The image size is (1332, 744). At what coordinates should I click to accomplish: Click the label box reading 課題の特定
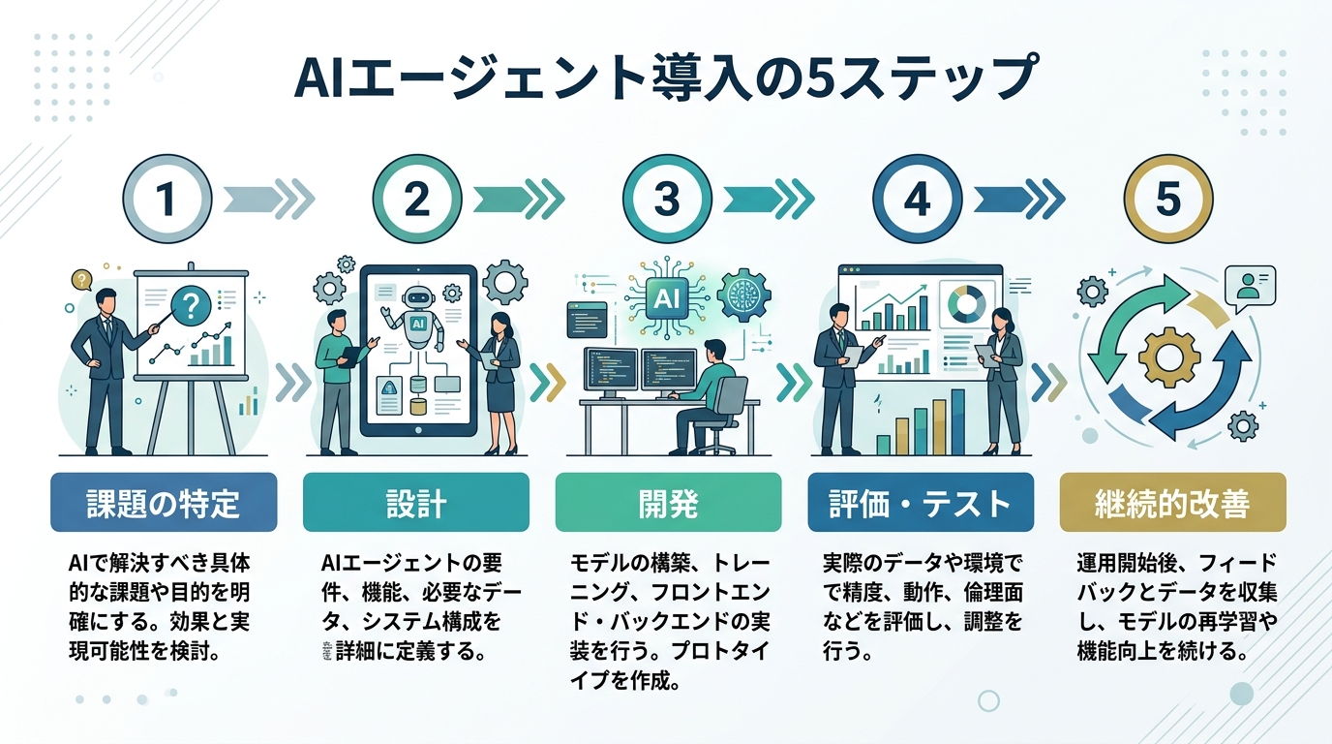(x=164, y=503)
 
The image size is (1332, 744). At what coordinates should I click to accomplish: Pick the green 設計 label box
(x=415, y=503)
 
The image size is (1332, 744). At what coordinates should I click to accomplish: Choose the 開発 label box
(x=668, y=503)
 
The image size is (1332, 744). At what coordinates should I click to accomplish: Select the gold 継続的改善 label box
(x=1172, y=503)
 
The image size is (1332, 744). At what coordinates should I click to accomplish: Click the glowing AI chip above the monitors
(x=668, y=297)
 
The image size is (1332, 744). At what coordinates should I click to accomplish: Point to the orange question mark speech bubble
(x=79, y=281)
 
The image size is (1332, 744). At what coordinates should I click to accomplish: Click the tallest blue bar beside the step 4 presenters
(x=957, y=421)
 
